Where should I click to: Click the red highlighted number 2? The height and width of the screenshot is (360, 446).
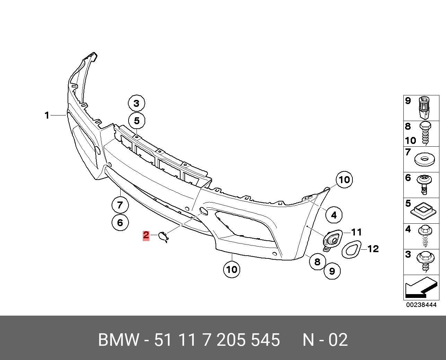(146, 235)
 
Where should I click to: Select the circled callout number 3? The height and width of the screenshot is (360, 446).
(136, 103)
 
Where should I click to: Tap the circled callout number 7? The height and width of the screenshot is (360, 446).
(120, 205)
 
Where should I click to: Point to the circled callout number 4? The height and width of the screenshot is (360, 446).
(333, 215)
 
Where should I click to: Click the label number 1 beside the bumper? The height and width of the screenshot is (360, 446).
(47, 115)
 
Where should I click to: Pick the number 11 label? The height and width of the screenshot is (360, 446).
(356, 232)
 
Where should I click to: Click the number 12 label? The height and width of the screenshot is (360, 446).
(373, 249)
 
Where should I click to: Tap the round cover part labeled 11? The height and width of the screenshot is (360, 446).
(332, 239)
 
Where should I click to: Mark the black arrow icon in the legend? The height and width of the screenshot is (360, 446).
(420, 288)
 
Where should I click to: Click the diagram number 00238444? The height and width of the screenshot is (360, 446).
(421, 305)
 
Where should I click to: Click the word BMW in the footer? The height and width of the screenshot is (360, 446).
(119, 340)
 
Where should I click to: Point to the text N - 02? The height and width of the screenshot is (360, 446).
(325, 340)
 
